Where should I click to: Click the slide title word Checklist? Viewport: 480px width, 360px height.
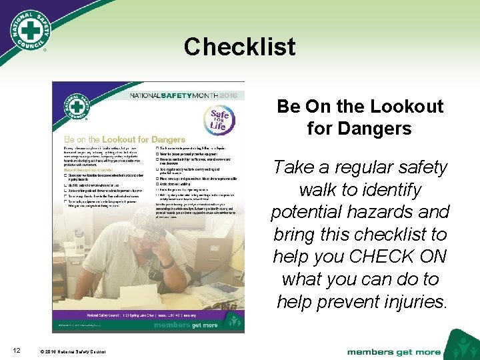(239, 47)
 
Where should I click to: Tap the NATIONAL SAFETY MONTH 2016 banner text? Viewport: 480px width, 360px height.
(174, 95)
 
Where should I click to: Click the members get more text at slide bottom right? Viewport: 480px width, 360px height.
(394, 351)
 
